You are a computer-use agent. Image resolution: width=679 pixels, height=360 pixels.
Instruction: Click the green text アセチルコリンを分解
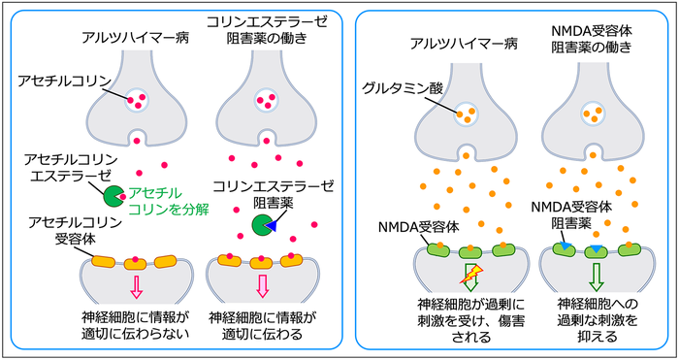170,202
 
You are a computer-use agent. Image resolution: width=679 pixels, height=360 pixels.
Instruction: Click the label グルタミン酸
404,89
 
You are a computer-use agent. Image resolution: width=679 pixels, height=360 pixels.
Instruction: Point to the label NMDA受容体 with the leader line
418,227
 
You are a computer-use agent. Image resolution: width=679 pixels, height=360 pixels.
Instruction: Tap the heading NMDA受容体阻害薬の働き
591,39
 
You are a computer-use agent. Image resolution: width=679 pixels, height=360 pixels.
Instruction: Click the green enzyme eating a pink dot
113,196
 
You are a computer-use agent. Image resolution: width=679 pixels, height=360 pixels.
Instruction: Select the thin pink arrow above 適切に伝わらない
137,287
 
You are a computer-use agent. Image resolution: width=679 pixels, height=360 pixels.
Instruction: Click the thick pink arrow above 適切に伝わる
263,286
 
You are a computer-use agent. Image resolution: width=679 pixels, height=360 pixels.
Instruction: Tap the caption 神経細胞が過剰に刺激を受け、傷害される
471,319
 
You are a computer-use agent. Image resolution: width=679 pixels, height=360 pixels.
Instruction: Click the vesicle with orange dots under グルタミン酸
466,115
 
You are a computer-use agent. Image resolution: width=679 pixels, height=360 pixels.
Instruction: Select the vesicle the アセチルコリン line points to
137,100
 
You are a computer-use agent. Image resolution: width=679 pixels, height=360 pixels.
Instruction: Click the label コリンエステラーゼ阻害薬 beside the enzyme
274,194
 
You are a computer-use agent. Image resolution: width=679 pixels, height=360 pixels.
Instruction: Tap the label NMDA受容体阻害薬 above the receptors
571,214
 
